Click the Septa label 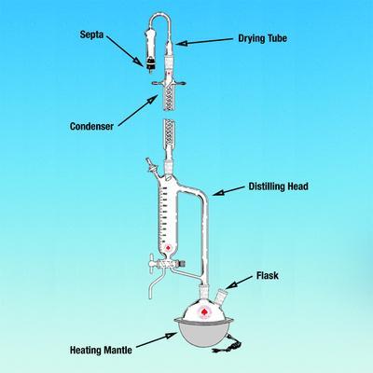[91, 35]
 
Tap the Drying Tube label [263, 38]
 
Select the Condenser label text [91, 126]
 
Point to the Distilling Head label [279, 186]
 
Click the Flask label [268, 276]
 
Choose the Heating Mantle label [101, 351]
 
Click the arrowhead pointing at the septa [138, 62]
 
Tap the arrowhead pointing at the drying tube [181, 43]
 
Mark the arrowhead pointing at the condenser [153, 100]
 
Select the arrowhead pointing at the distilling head [218, 193]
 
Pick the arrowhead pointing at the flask [230, 285]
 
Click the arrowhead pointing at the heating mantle [171, 336]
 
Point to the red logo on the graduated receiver [168, 248]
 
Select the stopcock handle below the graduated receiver [152, 263]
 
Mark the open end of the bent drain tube [151, 297]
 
